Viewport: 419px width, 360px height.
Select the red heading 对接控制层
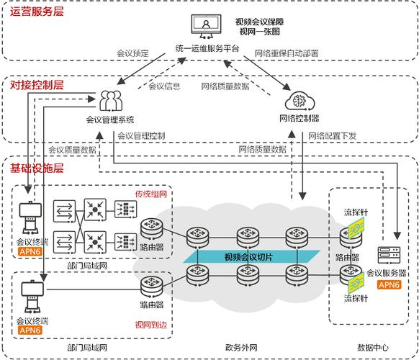point(37,85)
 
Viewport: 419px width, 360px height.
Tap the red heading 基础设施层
point(37,168)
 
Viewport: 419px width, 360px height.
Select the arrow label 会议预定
point(133,53)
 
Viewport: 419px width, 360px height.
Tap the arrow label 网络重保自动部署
point(287,53)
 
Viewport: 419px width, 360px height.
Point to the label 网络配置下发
point(331,135)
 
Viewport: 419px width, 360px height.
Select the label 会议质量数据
point(72,150)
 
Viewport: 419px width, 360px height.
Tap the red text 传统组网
point(151,194)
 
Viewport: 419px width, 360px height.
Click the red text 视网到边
point(151,325)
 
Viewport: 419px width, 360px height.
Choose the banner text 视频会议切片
point(248,256)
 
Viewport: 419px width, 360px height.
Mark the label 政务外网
point(241,348)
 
